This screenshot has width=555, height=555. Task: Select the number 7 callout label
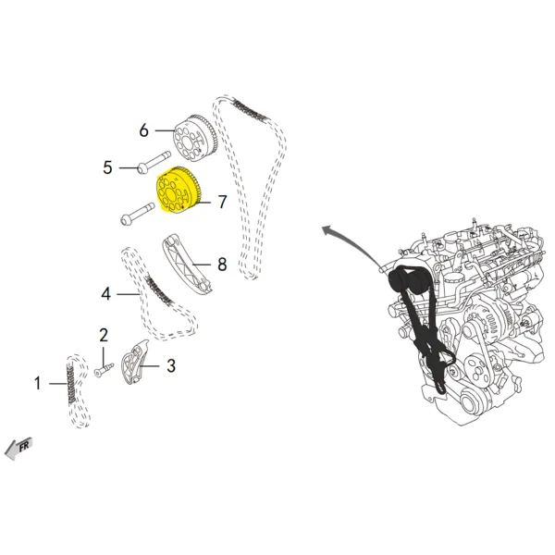pyautogui.click(x=222, y=202)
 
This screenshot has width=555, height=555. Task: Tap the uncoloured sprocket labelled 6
pyautogui.click(x=196, y=136)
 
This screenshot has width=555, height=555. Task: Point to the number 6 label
pyautogui.click(x=144, y=130)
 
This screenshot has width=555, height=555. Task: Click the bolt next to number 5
pyautogui.click(x=153, y=167)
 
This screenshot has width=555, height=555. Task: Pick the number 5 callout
pyautogui.click(x=107, y=167)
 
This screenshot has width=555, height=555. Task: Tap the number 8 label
pyautogui.click(x=222, y=265)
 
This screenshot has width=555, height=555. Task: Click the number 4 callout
pyautogui.click(x=106, y=294)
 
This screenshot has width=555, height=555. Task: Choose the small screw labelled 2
pyautogui.click(x=101, y=370)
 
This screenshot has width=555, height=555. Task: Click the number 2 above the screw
pyautogui.click(x=104, y=335)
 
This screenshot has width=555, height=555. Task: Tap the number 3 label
pyautogui.click(x=171, y=366)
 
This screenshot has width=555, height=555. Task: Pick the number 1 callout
pyautogui.click(x=38, y=382)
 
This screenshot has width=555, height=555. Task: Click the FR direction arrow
pyautogui.click(x=18, y=448)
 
